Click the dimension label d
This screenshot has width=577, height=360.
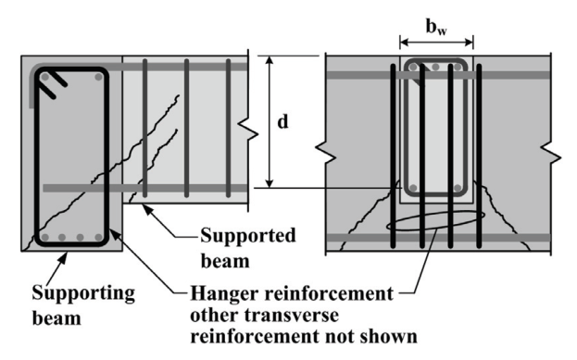(x=282, y=121)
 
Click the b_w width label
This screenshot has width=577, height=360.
(x=436, y=27)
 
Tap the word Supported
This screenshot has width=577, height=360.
(x=248, y=236)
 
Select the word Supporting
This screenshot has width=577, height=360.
(x=83, y=293)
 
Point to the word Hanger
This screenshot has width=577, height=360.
(x=224, y=294)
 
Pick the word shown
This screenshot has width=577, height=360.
(x=388, y=336)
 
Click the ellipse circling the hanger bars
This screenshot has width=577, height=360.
(x=435, y=220)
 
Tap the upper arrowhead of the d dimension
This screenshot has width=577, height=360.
(x=270, y=60)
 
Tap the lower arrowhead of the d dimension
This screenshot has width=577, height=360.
(x=270, y=183)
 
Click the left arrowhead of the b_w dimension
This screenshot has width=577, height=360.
(x=405, y=43)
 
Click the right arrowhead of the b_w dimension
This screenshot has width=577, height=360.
(x=469, y=43)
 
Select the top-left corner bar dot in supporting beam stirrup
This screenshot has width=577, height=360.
(x=44, y=77)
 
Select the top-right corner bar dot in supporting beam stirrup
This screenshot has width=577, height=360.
(x=98, y=77)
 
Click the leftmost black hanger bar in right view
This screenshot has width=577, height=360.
(x=393, y=155)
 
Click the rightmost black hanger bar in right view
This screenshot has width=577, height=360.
(x=479, y=155)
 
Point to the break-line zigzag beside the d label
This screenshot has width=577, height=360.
(x=248, y=130)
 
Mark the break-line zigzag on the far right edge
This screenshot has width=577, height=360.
(x=551, y=154)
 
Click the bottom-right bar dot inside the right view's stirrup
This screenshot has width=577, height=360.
(x=458, y=188)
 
